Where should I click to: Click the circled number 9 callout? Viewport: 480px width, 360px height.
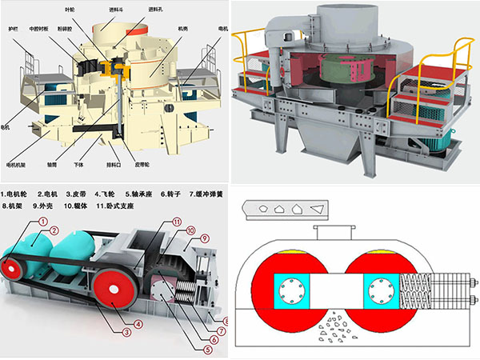(204, 238)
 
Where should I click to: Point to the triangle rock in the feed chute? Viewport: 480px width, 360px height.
(318, 209)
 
